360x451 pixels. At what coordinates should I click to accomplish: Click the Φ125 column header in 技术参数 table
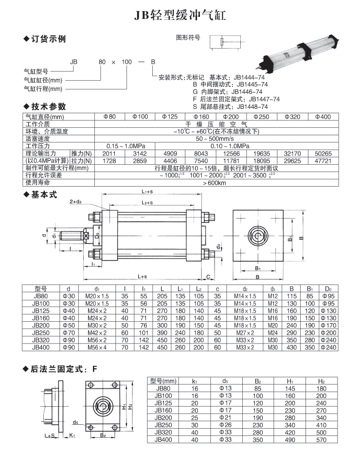pos(168,117)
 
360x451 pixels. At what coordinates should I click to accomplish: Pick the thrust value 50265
pos(323,153)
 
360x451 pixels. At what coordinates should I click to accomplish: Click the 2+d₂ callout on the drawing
pos(76,201)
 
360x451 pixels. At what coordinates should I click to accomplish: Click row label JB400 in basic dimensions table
pos(41,347)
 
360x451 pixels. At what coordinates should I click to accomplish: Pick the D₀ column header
pos(328,288)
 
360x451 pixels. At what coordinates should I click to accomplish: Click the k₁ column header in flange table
pos(195,381)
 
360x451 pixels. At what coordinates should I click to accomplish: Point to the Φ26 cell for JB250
pos(225,425)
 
